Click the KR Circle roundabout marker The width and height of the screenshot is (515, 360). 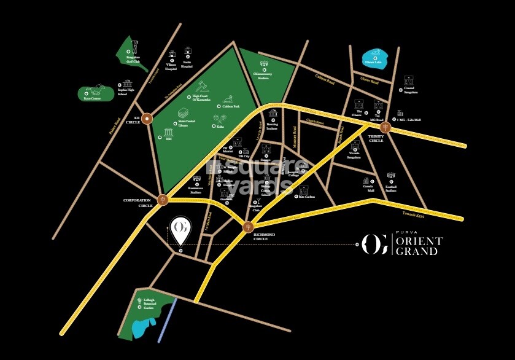click(147, 121)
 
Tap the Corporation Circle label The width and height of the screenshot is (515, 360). click(137, 202)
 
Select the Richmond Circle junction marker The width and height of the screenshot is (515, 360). click(247, 226)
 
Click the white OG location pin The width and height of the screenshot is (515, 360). click(180, 229)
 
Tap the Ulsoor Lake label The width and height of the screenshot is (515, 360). click(373, 61)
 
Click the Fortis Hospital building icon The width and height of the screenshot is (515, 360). click(187, 54)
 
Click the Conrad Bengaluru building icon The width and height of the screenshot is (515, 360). click(409, 80)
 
